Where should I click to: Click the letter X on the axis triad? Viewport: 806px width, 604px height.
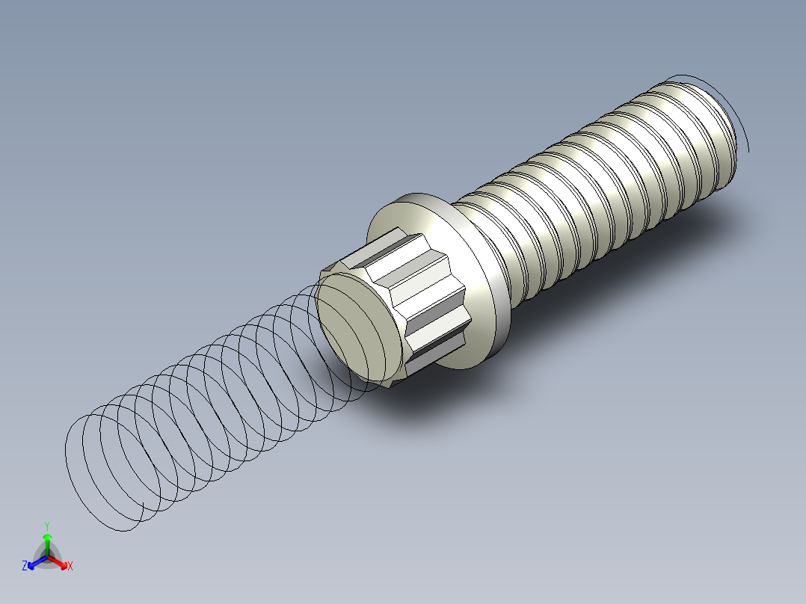pyautogui.click(x=70, y=566)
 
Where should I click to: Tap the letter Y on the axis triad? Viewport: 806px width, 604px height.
pyautogui.click(x=47, y=526)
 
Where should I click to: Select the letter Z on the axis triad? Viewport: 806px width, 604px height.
pyautogui.click(x=25, y=566)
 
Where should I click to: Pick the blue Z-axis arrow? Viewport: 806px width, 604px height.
pyautogui.click(x=34, y=563)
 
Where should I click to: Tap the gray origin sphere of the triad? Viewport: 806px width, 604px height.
pyautogui.click(x=47, y=557)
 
